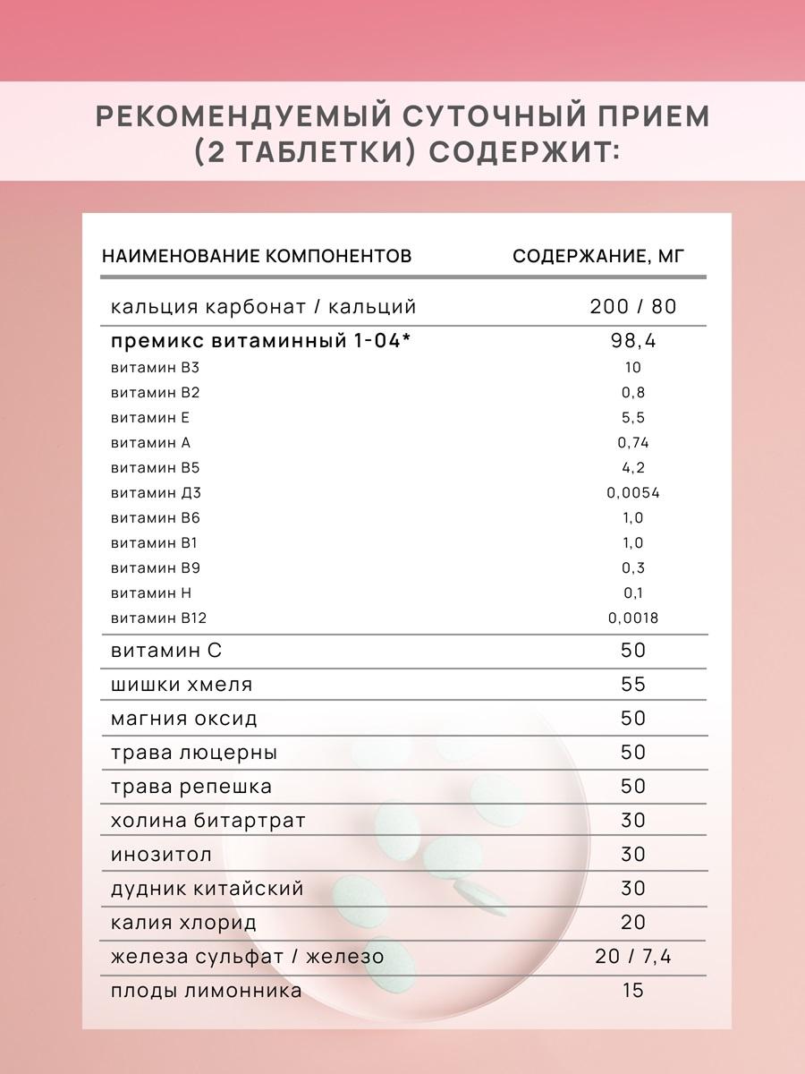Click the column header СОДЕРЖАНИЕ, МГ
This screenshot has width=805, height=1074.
[597, 257]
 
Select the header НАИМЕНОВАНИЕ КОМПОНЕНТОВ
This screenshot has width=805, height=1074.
[257, 257]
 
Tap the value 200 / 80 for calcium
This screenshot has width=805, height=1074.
[633, 307]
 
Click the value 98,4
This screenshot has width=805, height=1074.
[633, 342]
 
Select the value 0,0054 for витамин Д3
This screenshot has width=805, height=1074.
[633, 493]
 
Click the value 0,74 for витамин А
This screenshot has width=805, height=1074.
[633, 443]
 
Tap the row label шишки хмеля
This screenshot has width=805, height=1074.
[182, 686]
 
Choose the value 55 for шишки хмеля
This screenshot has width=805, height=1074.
[633, 686]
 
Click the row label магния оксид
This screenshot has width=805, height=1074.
[183, 720]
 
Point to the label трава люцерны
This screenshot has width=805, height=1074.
[194, 754]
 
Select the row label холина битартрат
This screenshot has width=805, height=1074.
[208, 822]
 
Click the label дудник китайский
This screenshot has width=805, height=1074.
[208, 890]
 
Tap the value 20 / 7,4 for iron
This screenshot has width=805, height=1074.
[633, 958]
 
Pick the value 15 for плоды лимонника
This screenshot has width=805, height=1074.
[633, 992]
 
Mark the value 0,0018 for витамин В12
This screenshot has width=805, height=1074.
[633, 618]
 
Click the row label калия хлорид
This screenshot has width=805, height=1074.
[183, 924]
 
